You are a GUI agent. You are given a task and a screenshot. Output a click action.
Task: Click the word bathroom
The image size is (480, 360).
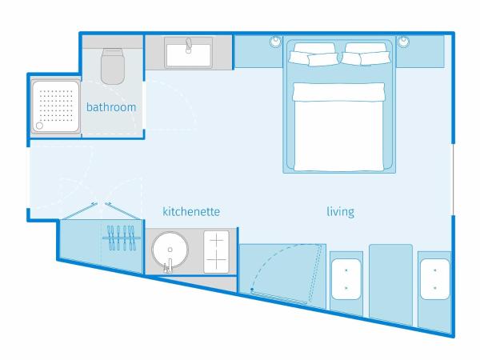[x=111, y=107]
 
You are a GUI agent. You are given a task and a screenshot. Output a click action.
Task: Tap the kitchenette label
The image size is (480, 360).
[x=191, y=211]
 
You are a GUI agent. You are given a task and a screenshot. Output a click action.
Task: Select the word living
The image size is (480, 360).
[x=341, y=212]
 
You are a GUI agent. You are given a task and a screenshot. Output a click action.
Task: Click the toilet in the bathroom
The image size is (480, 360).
[x=113, y=66]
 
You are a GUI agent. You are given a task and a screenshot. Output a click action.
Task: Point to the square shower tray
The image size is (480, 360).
[x=56, y=106]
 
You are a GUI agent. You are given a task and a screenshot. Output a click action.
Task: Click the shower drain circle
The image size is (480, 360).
[x=39, y=126]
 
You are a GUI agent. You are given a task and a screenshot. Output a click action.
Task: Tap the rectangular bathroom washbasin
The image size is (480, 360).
[x=189, y=53]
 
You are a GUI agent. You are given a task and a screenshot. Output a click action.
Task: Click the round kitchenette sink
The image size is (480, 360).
[x=170, y=249]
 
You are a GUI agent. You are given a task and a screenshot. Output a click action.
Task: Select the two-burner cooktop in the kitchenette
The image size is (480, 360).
[x=217, y=252]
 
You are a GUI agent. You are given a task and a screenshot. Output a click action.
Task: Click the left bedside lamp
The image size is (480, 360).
[x=275, y=42]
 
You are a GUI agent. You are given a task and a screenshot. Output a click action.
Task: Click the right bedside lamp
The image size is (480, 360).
[x=403, y=42]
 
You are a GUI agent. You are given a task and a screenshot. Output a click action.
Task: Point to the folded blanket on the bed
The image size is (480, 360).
[x=338, y=92]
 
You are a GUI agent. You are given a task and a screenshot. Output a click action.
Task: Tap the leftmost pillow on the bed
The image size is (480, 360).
[x=298, y=58]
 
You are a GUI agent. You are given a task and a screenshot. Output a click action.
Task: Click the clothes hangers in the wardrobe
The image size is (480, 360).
[x=122, y=238]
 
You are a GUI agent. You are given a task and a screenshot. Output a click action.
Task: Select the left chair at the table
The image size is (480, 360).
[x=346, y=279]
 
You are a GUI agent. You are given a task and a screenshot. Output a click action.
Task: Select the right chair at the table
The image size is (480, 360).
[x=435, y=279]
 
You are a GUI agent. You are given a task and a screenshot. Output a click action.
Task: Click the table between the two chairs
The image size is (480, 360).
[x=391, y=284]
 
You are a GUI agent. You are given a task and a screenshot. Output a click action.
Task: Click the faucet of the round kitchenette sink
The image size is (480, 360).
[x=168, y=266]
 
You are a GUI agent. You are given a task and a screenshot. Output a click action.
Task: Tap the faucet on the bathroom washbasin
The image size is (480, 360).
[x=189, y=46]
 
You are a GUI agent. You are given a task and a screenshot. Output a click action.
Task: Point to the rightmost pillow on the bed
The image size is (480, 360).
[x=375, y=58]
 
